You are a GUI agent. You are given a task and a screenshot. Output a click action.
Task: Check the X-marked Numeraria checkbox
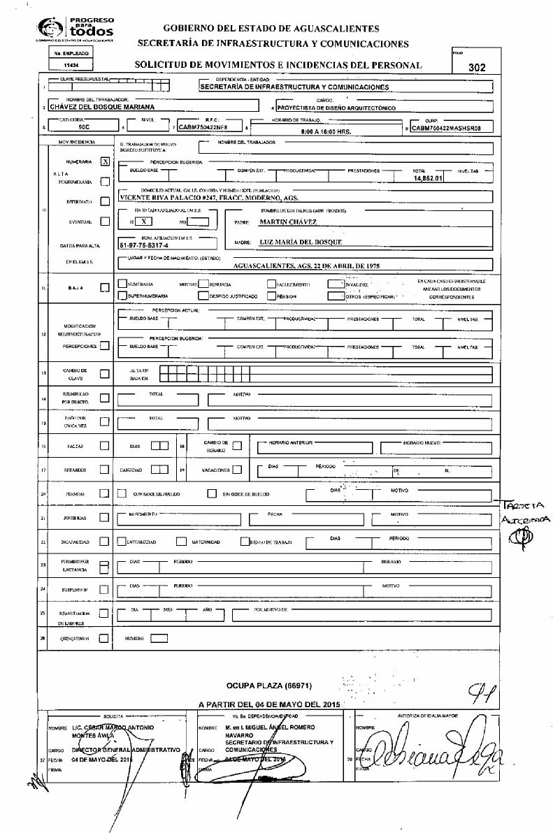105,161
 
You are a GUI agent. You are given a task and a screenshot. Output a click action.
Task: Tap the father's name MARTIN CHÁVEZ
288,222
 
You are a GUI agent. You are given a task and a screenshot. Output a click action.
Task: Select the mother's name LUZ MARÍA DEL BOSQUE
301,242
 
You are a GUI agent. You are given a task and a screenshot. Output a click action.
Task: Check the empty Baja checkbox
105,287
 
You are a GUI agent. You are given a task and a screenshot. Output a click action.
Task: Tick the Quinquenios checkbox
104,638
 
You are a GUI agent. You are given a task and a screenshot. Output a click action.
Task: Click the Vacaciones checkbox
237,469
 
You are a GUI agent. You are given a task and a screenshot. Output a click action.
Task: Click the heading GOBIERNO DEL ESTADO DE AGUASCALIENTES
271,29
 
